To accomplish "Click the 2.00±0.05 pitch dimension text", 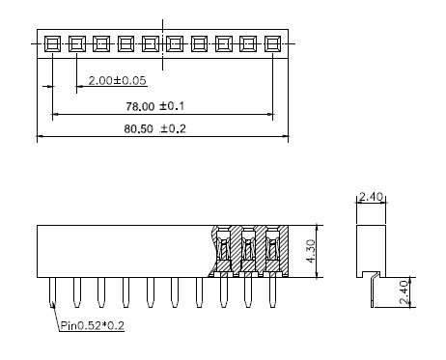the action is pyautogui.click(x=117, y=80).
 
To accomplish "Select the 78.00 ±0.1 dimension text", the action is pyautogui.click(x=154, y=106).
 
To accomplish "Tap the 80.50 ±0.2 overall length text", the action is pyautogui.click(x=154, y=128).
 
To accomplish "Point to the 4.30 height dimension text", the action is pyautogui.click(x=311, y=251).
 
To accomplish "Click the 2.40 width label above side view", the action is pyautogui.click(x=371, y=196).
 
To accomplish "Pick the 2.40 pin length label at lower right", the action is pyautogui.click(x=404, y=292).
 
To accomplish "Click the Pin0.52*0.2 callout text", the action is pyautogui.click(x=93, y=325).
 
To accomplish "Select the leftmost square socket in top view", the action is pyautogui.click(x=52, y=43).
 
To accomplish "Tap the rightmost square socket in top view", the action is pyautogui.click(x=272, y=43).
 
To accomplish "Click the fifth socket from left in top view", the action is pyautogui.click(x=151, y=43).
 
